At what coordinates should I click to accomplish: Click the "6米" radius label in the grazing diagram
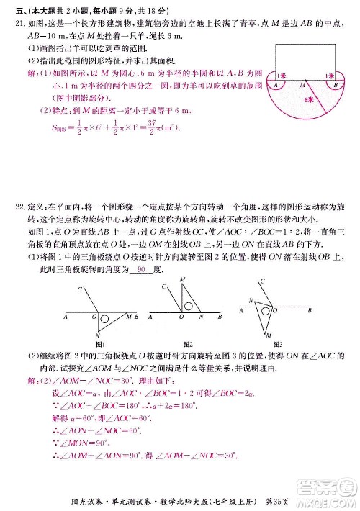click(309, 98)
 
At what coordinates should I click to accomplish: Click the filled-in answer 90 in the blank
click(141, 269)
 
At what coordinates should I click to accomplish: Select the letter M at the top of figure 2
click(181, 279)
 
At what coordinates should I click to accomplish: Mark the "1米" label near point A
click(278, 74)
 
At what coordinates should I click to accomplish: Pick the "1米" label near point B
click(328, 74)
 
